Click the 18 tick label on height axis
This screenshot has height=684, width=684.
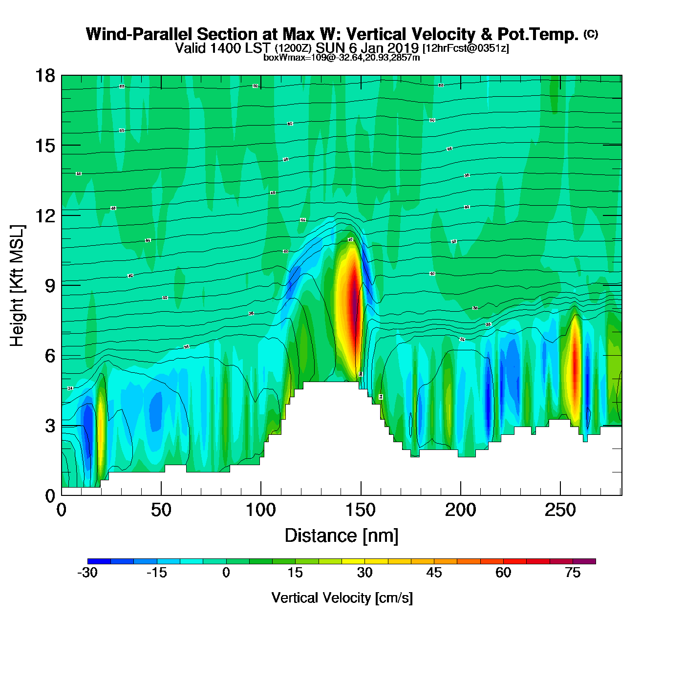click(44, 76)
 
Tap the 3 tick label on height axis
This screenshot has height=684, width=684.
click(50, 426)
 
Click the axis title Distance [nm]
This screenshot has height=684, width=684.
click(342, 535)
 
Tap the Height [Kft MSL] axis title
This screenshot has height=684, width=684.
click(17, 286)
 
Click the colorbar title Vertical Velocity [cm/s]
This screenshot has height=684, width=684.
click(342, 598)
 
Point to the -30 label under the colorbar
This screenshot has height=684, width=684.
click(87, 573)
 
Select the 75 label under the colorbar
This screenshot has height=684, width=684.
click(573, 573)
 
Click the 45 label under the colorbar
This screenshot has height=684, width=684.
click(434, 573)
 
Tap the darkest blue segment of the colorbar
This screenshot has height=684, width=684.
click(99, 561)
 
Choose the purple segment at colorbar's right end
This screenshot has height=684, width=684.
click(584, 561)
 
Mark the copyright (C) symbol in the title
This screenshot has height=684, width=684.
click(591, 34)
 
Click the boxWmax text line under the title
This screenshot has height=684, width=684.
click(342, 57)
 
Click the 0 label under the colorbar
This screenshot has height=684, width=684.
click(226, 573)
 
